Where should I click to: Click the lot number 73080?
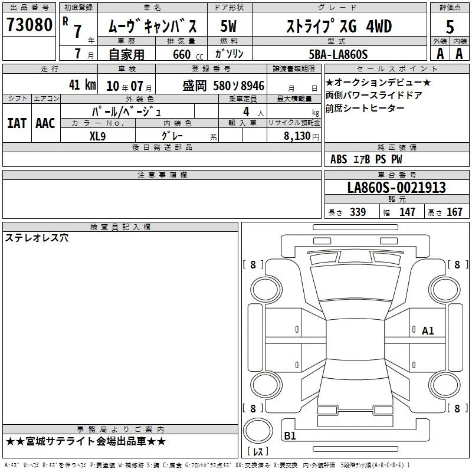coord(29,25)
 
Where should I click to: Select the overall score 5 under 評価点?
coord(450,27)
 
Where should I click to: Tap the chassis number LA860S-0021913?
coord(396,188)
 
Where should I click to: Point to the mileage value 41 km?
coord(82,84)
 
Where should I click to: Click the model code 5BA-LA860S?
coord(338,54)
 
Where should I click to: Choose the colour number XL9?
coord(97,136)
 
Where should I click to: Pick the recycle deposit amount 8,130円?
coord(301,136)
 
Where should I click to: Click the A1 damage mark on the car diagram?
coord(427,331)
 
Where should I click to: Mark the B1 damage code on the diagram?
coord(290,435)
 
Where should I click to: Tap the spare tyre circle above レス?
coord(258,431)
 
